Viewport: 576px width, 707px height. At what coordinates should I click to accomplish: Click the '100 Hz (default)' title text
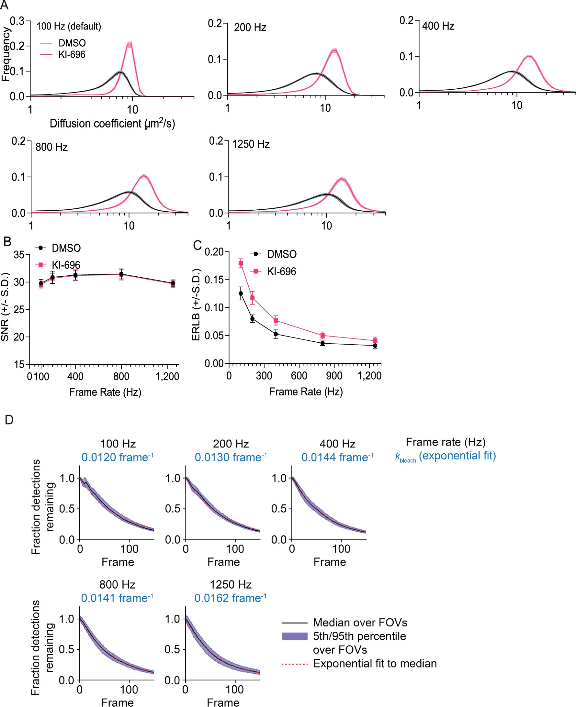point(68,26)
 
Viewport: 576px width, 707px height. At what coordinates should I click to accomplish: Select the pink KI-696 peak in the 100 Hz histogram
point(130,44)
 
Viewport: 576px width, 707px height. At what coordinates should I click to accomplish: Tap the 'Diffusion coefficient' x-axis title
point(112,124)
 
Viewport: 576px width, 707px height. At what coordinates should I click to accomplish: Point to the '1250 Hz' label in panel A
point(251,144)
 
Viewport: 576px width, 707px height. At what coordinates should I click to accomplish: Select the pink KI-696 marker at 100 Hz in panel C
point(241,263)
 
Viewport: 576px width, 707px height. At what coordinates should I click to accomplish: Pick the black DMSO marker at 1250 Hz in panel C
point(375,346)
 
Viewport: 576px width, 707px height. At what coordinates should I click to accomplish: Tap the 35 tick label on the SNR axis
point(19,255)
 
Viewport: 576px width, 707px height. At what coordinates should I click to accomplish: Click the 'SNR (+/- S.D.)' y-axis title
point(5,307)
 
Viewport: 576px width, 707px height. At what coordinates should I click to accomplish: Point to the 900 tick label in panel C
point(334,376)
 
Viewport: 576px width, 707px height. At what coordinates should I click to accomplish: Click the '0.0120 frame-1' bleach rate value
point(117,457)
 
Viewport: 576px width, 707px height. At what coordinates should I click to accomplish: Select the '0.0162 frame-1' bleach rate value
point(230,598)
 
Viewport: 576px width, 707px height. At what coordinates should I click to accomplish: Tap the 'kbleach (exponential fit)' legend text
point(446,456)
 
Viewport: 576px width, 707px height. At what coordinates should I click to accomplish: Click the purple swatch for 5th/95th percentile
point(295,636)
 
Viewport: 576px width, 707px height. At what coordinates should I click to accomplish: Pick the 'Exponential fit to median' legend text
point(375,663)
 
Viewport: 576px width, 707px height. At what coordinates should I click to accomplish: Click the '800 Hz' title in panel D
point(117,584)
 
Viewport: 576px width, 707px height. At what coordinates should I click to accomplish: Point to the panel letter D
point(9,420)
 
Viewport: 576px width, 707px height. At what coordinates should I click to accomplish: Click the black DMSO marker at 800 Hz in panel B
point(121,274)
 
